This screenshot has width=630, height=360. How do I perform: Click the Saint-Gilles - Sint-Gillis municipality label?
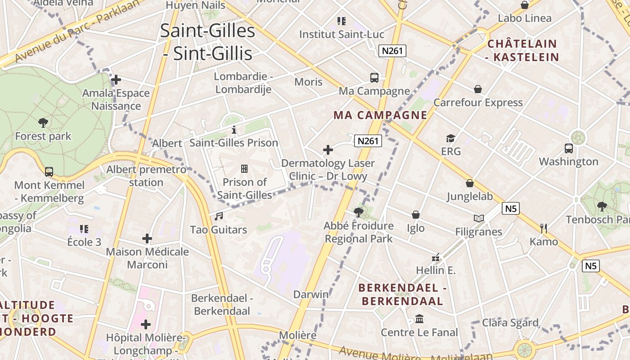pyautogui.click(x=207, y=42)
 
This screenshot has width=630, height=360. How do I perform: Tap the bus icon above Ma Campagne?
pyautogui.click(x=374, y=77)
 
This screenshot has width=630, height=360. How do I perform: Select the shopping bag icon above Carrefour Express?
pyautogui.click(x=478, y=89)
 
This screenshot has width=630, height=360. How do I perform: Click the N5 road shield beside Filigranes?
pyautogui.click(x=511, y=208)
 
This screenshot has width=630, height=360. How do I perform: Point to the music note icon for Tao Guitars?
pyautogui.click(x=219, y=216)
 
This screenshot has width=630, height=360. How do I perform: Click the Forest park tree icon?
pyautogui.click(x=43, y=122)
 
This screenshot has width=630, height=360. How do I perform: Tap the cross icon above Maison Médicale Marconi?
pyautogui.click(x=147, y=238)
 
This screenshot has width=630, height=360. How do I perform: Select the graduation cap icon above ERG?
pyautogui.click(x=450, y=138)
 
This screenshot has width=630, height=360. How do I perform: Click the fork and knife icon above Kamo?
pyautogui.click(x=544, y=228)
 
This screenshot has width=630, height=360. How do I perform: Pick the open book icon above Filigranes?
pyautogui.click(x=478, y=219)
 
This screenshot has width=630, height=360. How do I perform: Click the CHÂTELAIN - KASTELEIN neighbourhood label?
pyautogui.click(x=523, y=50)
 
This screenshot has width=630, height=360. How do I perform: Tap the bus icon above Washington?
pyautogui.click(x=569, y=148)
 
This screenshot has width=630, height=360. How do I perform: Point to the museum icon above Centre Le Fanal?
pyautogui.click(x=419, y=319)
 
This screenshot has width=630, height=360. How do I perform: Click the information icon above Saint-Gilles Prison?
pyautogui.click(x=234, y=130)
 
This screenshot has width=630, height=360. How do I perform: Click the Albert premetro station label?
pyautogui.click(x=146, y=176)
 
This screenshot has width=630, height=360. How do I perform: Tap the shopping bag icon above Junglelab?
pyautogui.click(x=470, y=183)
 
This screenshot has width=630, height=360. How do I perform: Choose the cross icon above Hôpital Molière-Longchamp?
pyautogui.click(x=146, y=324)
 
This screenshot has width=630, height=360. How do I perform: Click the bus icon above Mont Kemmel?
pyautogui.click(x=49, y=171)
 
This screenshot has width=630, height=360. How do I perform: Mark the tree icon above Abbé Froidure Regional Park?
pyautogui.click(x=359, y=212)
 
